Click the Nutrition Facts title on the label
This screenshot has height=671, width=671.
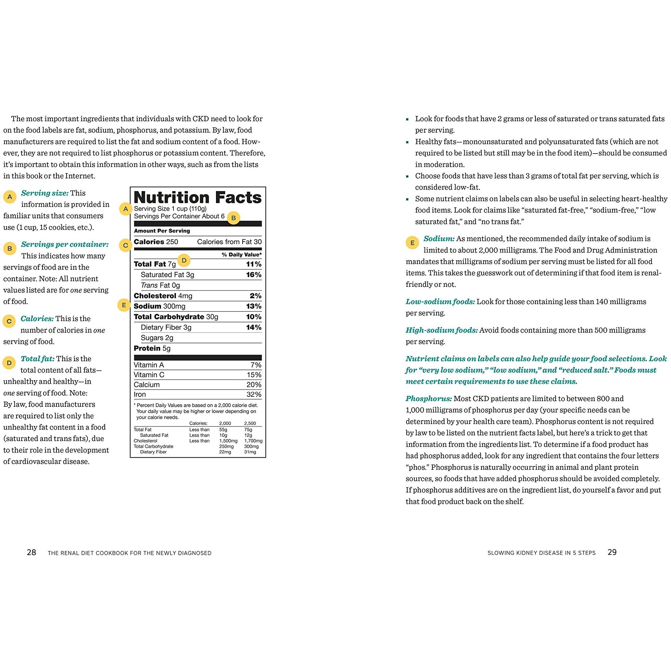[x=197, y=197]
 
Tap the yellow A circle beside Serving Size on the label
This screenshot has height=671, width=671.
[x=126, y=209]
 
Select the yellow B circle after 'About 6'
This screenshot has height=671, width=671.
[x=233, y=218]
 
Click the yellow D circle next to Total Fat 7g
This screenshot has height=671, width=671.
[x=184, y=261]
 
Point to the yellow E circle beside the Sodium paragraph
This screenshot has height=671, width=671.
[x=412, y=243]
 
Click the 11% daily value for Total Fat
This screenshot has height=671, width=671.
[x=254, y=264]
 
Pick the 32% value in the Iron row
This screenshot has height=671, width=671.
[x=254, y=394]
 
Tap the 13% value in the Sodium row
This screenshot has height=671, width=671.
[x=254, y=306]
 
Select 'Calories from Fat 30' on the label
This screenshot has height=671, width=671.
[x=229, y=242]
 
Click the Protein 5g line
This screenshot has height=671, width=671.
[x=152, y=348]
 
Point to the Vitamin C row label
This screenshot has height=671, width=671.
[x=149, y=375]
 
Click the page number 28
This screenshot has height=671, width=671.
[x=32, y=553]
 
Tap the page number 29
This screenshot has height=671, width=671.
[x=612, y=552]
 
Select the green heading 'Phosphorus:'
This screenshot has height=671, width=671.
[x=429, y=399]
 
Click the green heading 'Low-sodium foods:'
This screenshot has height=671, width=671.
[x=440, y=301]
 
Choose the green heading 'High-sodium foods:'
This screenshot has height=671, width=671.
[x=441, y=330]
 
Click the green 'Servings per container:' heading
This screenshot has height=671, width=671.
[x=64, y=244]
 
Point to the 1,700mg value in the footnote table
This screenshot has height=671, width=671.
[x=253, y=441]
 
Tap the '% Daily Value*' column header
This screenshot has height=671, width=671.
[x=242, y=255]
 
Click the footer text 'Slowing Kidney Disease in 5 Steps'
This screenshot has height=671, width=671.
[x=541, y=553]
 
